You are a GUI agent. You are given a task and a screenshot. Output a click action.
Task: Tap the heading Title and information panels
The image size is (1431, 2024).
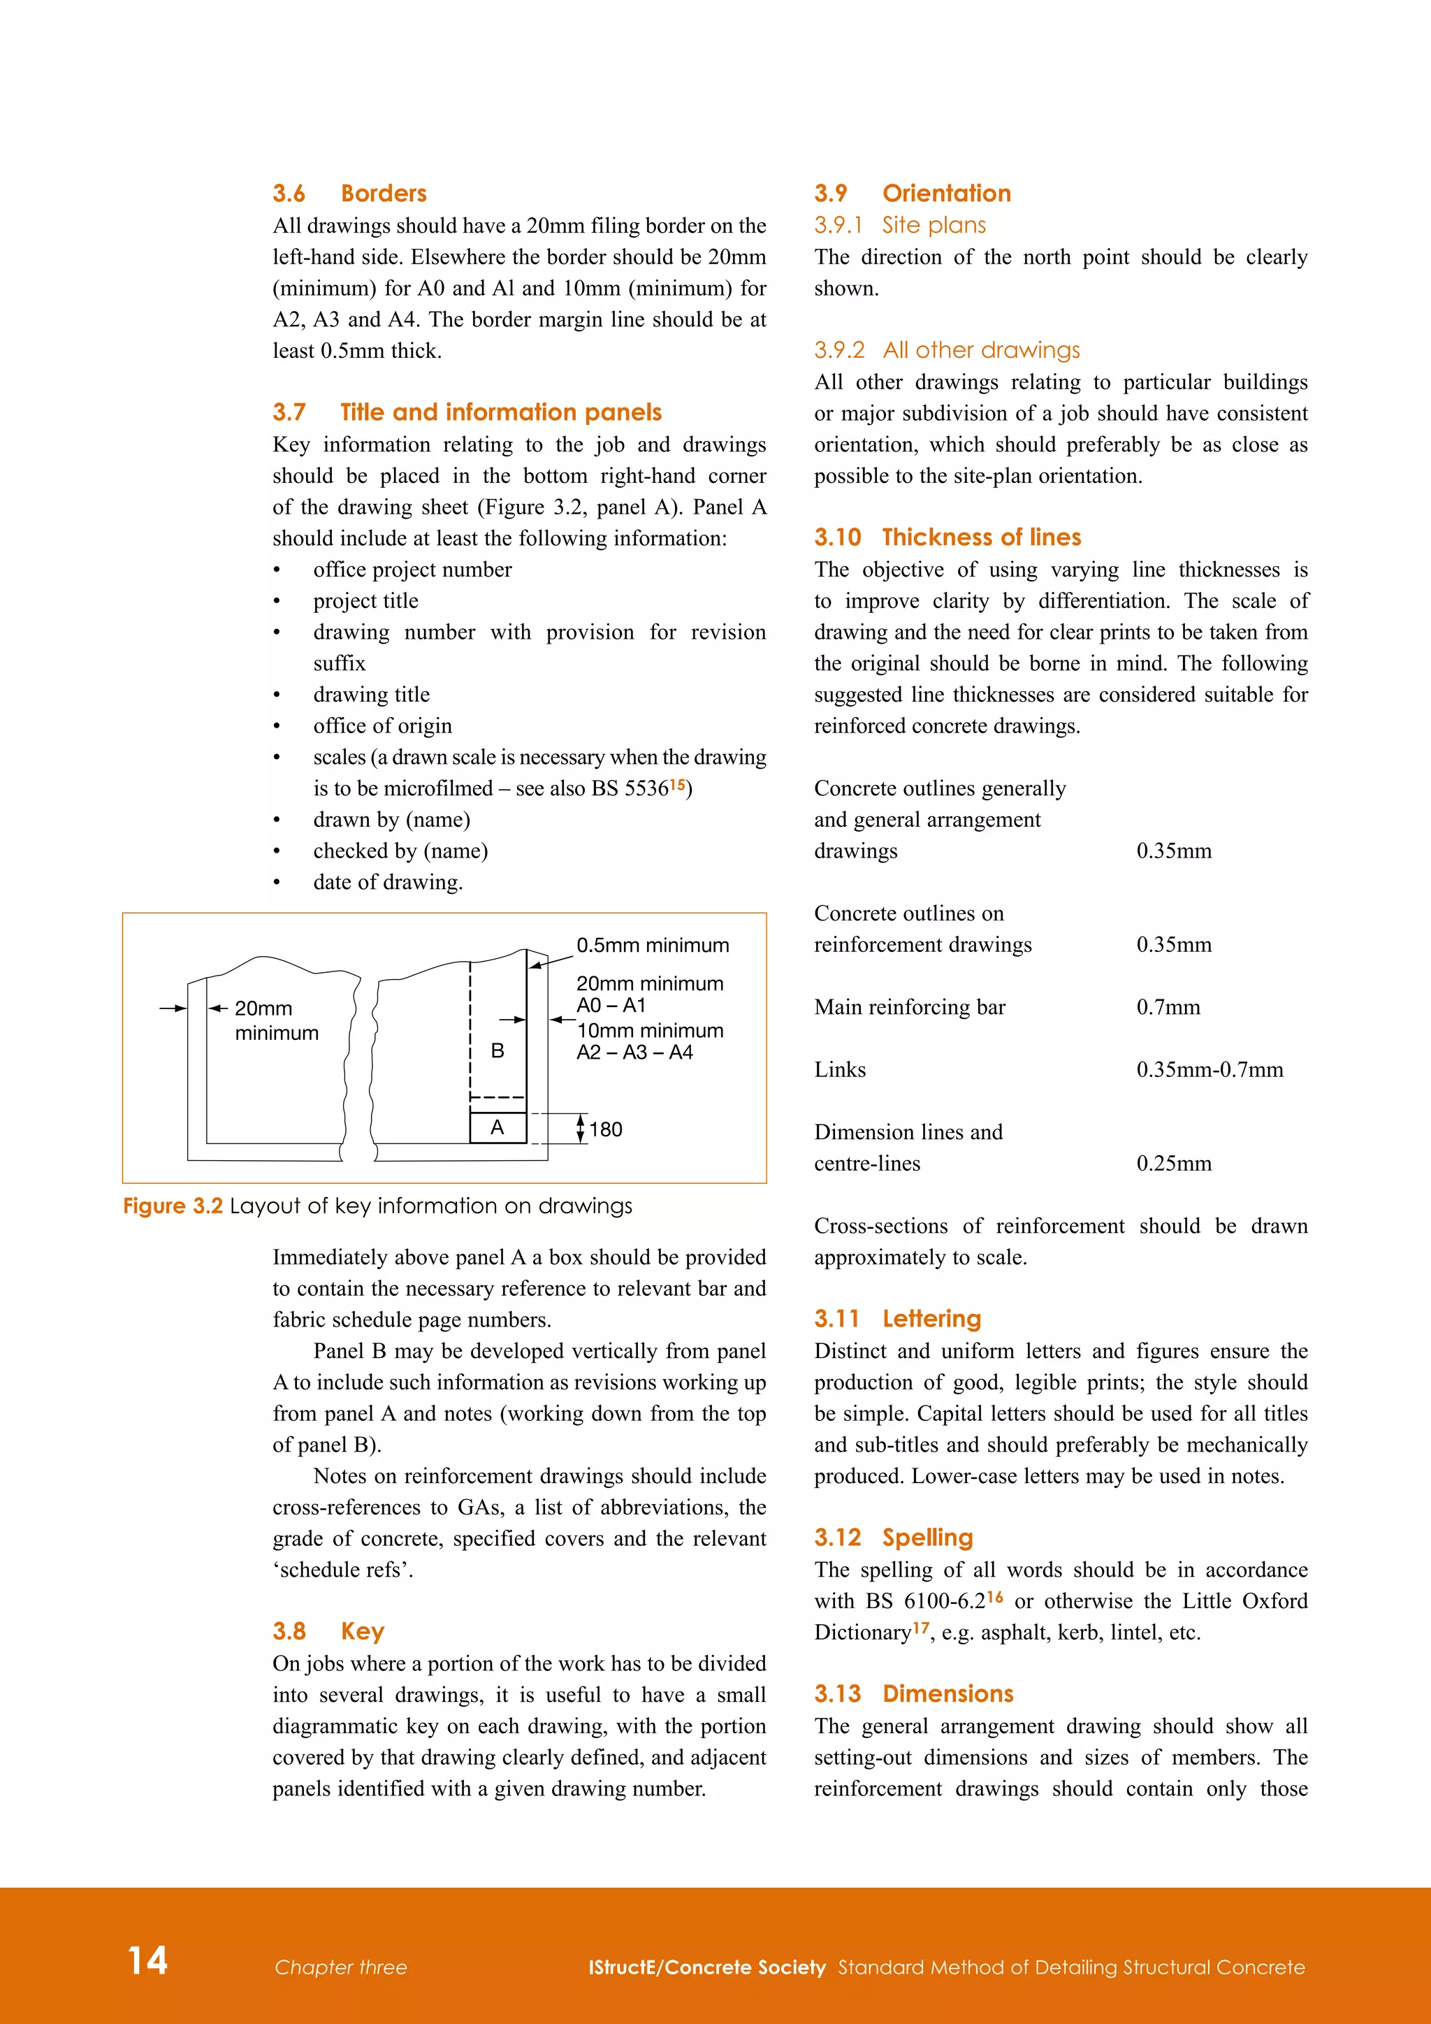pyautogui.click(x=500, y=412)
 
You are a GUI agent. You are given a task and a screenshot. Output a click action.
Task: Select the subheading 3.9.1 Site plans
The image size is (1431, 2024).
pyautogui.click(x=900, y=225)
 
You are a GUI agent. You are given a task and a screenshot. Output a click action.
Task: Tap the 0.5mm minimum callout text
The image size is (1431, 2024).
pyautogui.click(x=652, y=945)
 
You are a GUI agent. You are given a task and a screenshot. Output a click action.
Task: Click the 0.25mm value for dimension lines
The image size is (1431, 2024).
pyautogui.click(x=1173, y=1163)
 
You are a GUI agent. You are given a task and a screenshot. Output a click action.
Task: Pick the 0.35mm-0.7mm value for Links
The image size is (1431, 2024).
pyautogui.click(x=1209, y=1069)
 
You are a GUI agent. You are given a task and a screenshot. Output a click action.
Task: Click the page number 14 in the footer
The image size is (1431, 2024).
pyautogui.click(x=147, y=1960)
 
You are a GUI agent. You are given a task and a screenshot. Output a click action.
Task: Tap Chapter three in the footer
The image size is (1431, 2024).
pyautogui.click(x=340, y=1967)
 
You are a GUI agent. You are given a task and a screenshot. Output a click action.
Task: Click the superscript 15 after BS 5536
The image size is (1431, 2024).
pyautogui.click(x=677, y=783)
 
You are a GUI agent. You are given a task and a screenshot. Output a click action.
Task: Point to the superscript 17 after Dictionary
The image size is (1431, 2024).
pyautogui.click(x=921, y=1627)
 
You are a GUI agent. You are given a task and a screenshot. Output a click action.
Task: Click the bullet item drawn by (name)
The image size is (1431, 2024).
pyautogui.click(x=391, y=819)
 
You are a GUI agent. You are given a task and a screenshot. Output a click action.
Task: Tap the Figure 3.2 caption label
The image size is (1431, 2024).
pyautogui.click(x=173, y=1206)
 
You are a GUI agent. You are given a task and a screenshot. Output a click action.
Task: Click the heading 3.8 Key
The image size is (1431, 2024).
pyautogui.click(x=328, y=1631)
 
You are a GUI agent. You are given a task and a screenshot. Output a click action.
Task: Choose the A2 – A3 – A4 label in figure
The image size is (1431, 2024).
pyautogui.click(x=634, y=1052)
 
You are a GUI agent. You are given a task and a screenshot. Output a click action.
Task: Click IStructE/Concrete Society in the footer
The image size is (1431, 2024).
pyautogui.click(x=706, y=1967)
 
